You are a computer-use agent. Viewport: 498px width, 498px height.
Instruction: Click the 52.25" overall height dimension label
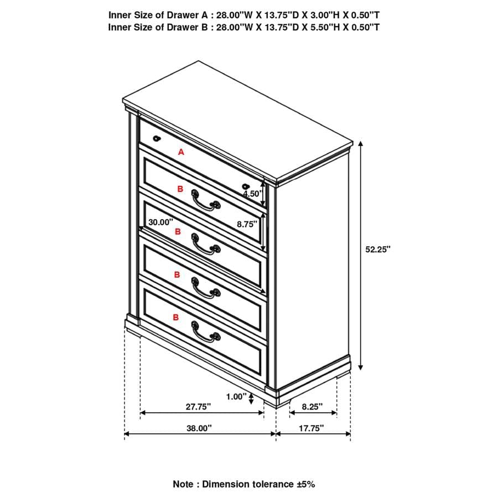(x=378, y=249)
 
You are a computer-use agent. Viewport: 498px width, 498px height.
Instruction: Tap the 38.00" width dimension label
(x=199, y=428)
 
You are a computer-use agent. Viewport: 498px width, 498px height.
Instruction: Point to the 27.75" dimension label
(x=199, y=406)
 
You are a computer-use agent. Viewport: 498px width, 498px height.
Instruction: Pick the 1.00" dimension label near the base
(x=236, y=396)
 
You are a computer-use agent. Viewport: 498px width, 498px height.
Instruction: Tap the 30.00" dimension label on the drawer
(x=160, y=222)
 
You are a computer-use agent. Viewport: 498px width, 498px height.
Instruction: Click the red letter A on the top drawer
(x=180, y=152)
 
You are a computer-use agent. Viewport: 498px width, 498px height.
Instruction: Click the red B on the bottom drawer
(x=176, y=317)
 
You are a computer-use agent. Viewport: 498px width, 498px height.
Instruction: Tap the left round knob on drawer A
(x=157, y=138)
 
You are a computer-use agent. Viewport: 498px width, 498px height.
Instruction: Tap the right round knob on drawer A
(x=246, y=186)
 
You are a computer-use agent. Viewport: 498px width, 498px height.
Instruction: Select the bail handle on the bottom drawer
(x=205, y=331)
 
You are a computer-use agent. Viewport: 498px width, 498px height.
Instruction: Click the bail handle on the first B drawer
(x=205, y=200)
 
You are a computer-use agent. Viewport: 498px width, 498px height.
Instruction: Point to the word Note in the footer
(x=183, y=484)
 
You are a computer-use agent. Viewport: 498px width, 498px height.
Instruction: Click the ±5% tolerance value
(x=305, y=484)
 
